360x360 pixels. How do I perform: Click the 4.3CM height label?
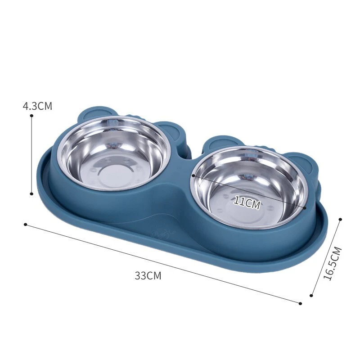tap(37, 106)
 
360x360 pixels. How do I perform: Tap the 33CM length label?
tap(148, 276)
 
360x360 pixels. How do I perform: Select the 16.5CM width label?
tap(333, 264)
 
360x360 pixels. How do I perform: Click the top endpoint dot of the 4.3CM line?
tap(31, 116)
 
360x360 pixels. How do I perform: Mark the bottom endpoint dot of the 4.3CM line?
tap(31, 193)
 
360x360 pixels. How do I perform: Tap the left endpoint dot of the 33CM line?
tap(26, 224)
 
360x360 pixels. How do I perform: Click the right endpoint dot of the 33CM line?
tap(300, 303)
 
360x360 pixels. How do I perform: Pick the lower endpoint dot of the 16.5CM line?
tap(311, 296)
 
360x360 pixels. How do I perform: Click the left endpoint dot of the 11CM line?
tap(193, 176)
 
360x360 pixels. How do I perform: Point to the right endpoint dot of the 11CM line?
tap(305, 208)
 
